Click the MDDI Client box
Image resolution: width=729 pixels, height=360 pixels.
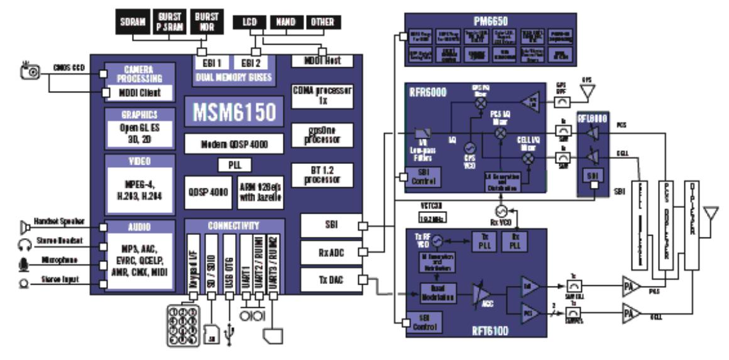140,93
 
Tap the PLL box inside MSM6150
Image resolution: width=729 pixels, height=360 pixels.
234,165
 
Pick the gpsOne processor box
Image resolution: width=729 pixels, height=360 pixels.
322,136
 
